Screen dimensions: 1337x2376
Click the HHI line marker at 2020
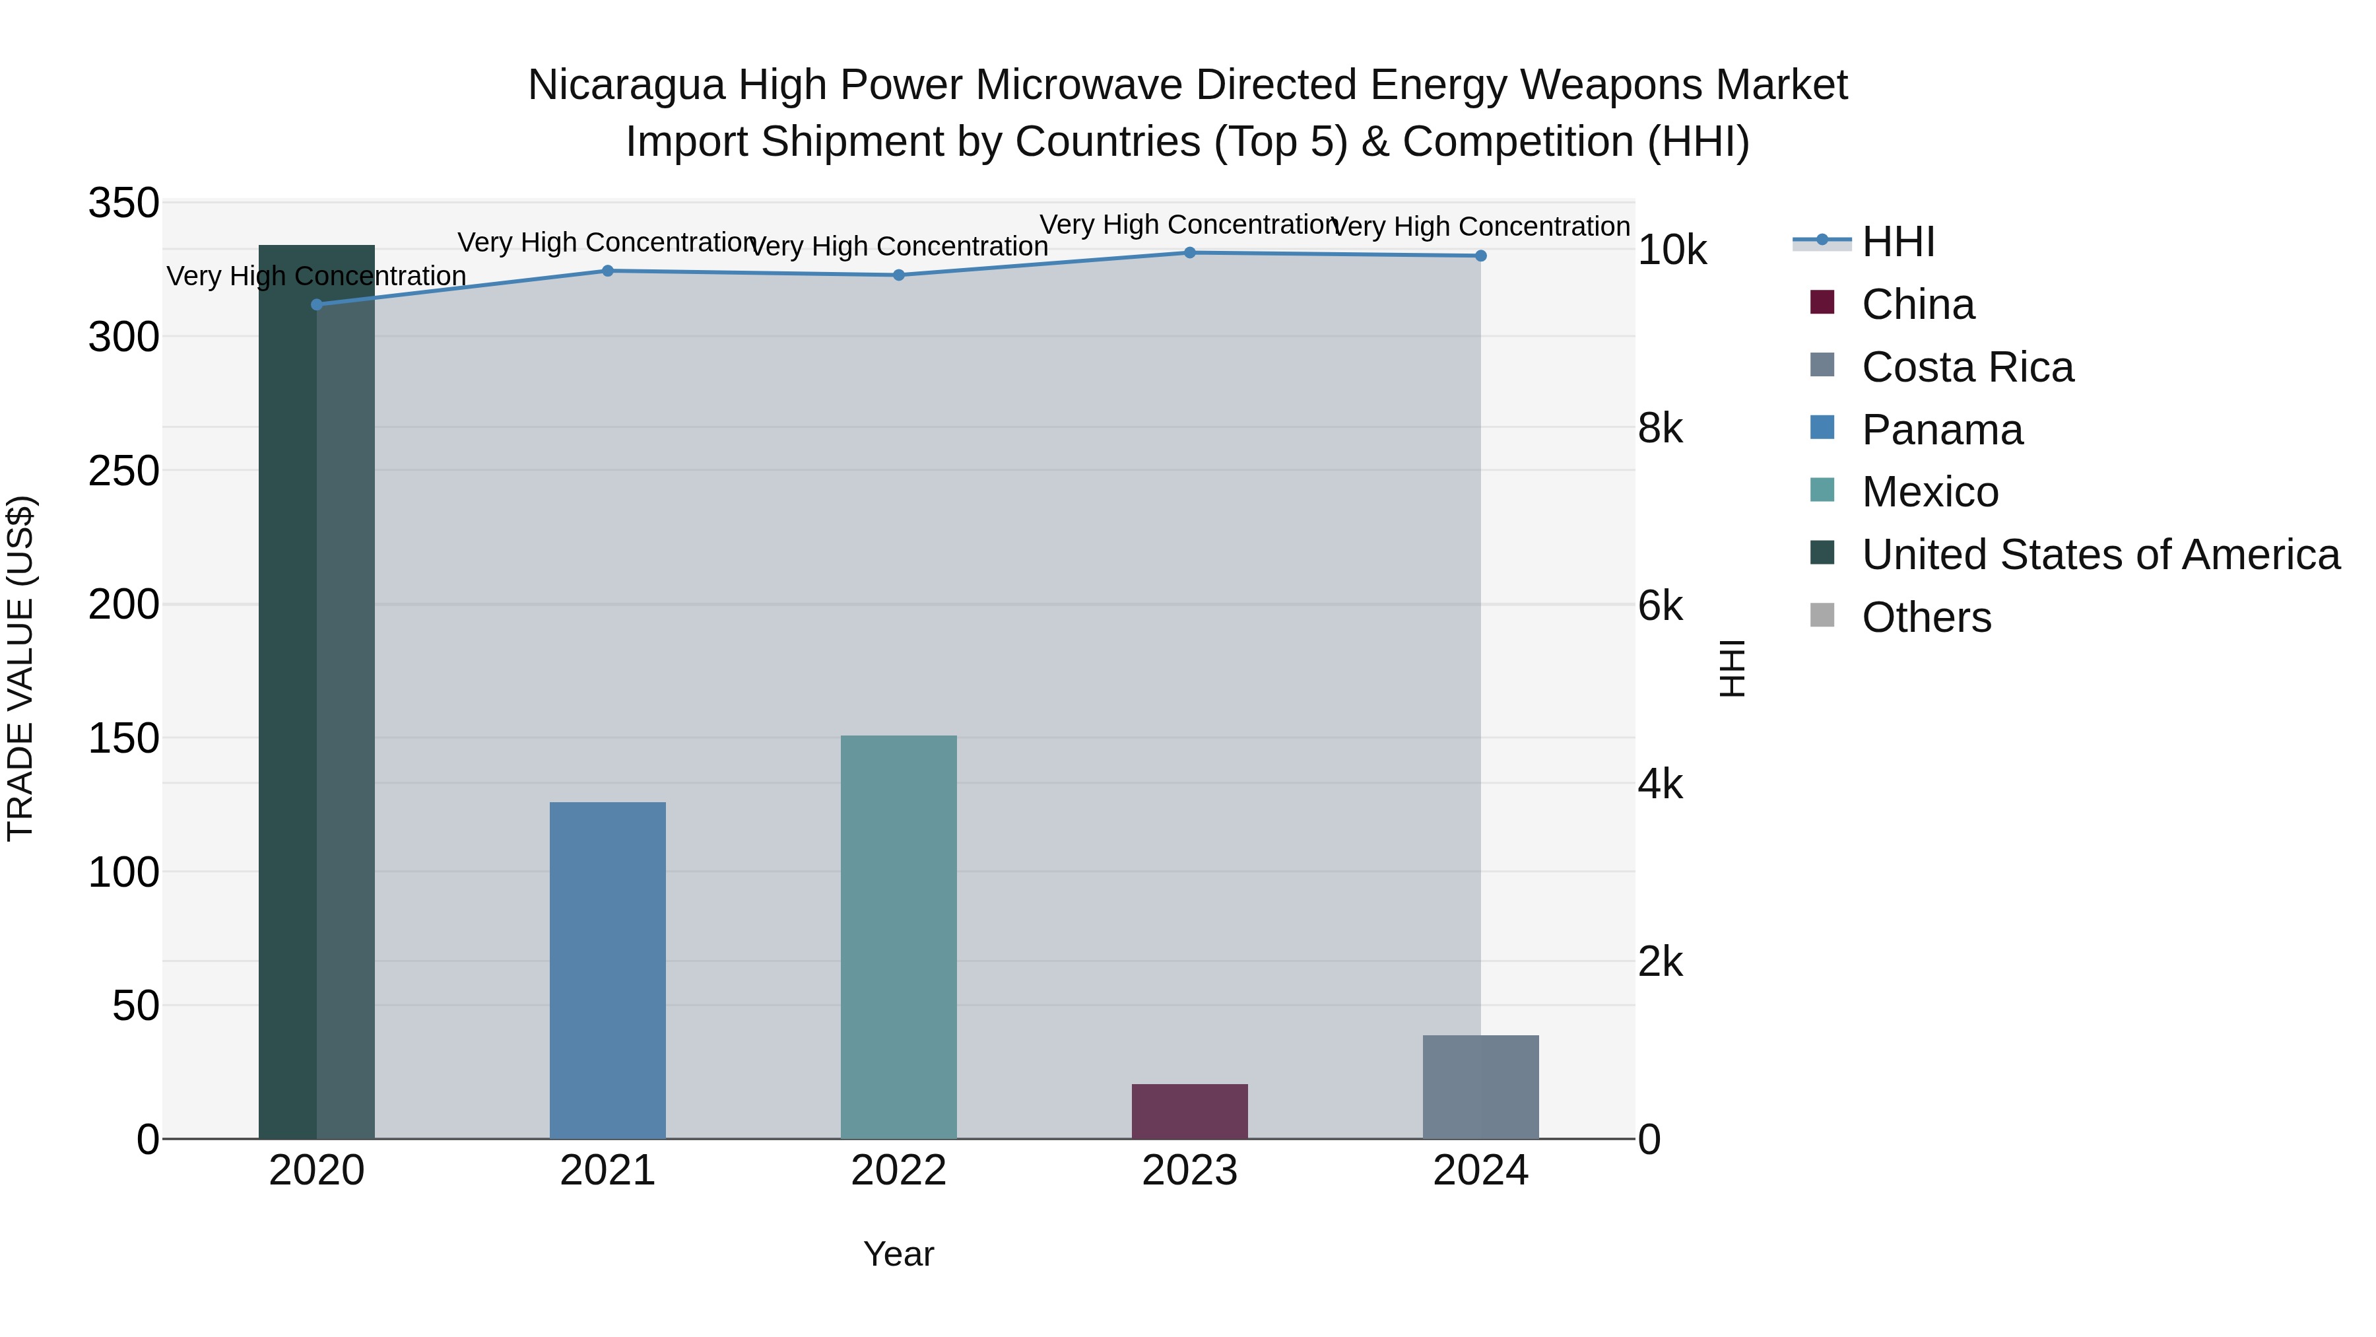pyautogui.click(x=316, y=304)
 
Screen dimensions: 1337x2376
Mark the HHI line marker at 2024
pyautogui.click(x=1480, y=256)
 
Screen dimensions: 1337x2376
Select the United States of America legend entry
pyautogui.click(x=2099, y=555)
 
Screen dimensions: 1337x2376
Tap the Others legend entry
pyautogui.click(x=1925, y=617)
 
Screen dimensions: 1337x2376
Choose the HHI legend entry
pyautogui.click(x=1897, y=242)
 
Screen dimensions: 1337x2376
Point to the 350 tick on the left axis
pyautogui.click(x=123, y=203)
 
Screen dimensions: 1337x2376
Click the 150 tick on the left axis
pyautogui.click(x=123, y=738)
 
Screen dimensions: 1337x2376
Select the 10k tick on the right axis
pyautogui.click(x=1671, y=250)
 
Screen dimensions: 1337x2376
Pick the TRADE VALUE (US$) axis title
pyautogui.click(x=21, y=668)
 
